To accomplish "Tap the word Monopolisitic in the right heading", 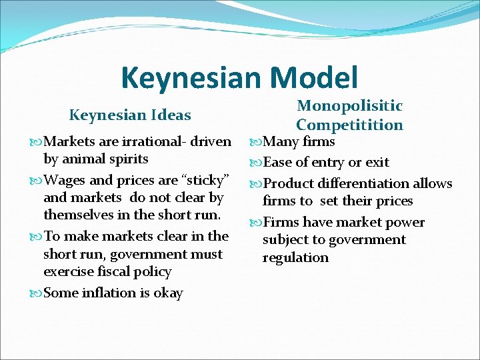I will [x=349, y=106].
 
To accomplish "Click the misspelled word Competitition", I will [x=349, y=125].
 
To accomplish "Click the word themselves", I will [x=77, y=215].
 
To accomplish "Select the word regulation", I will [x=295, y=257].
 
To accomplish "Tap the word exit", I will [x=377, y=162].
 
